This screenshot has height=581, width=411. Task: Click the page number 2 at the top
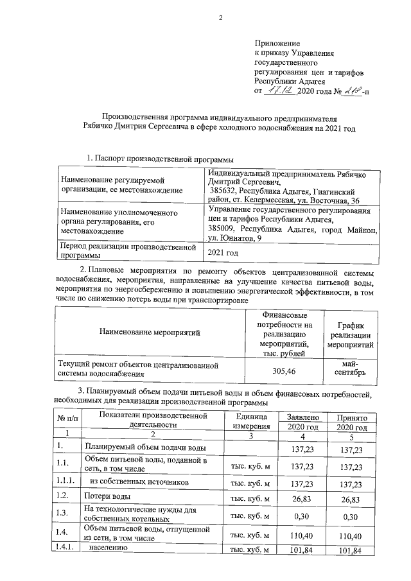click(x=220, y=17)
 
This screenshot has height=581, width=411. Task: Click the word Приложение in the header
click(x=274, y=43)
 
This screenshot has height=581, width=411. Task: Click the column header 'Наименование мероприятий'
click(x=150, y=332)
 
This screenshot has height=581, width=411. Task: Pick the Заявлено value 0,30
click(x=301, y=515)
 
